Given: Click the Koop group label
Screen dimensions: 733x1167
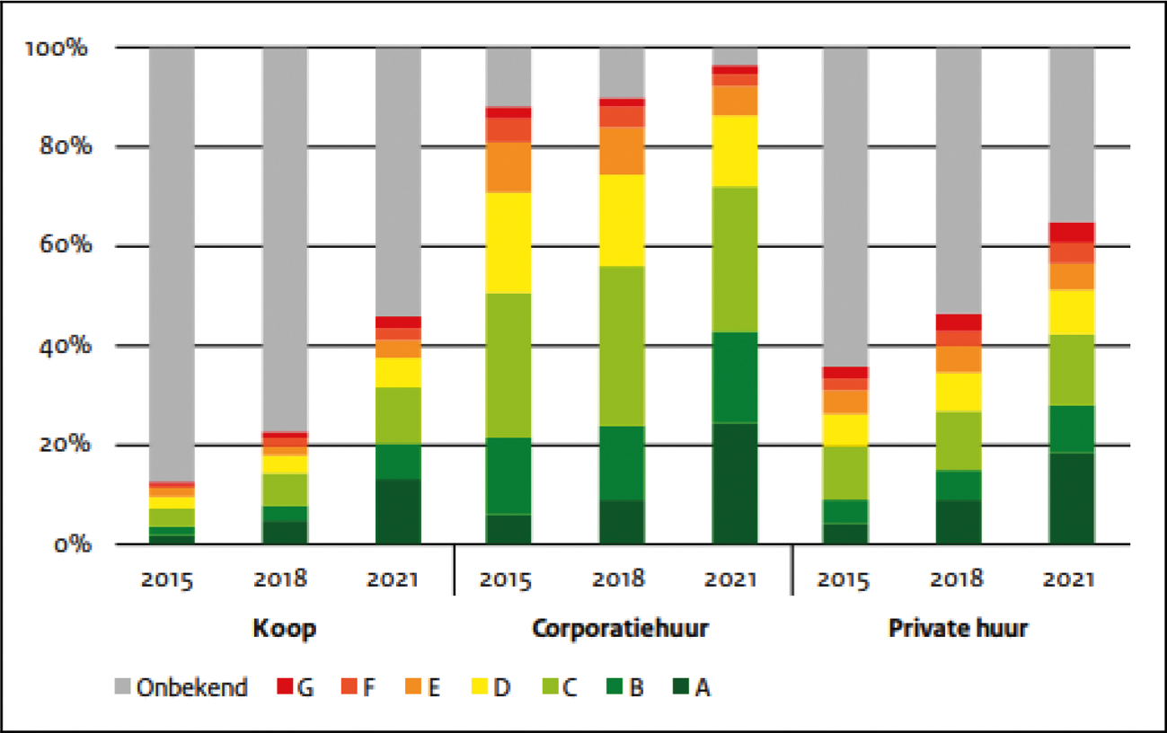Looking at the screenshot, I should point(284,628).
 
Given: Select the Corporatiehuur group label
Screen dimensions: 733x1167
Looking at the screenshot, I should point(621,628).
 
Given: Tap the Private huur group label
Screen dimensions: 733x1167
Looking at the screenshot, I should point(958,628).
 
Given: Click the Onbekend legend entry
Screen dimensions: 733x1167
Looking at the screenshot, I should point(181,688).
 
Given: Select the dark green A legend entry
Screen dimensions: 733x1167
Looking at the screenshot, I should point(684,688).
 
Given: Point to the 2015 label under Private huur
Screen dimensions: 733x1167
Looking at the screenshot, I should point(845,579).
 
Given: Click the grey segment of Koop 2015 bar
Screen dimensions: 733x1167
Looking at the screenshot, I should point(172,261).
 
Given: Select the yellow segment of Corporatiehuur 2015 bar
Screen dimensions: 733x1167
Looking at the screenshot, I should point(508,243).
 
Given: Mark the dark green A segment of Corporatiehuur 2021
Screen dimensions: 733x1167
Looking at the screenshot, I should point(734,483).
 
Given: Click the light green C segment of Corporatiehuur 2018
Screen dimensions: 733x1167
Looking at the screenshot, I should point(621,346).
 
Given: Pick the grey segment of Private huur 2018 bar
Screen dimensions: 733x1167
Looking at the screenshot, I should point(958,180).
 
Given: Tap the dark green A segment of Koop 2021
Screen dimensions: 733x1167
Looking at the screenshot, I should point(397,512).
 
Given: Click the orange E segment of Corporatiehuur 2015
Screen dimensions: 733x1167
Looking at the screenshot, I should point(508,167).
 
